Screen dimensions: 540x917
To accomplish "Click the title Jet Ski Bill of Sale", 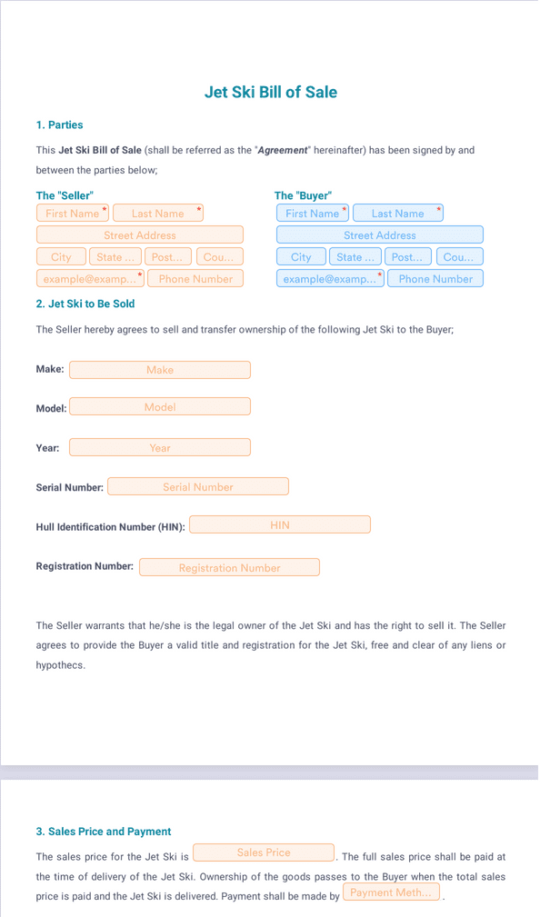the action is (x=270, y=92).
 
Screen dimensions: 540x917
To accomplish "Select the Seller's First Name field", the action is (x=73, y=213).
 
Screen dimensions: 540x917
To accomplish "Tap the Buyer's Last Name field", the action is (x=398, y=213).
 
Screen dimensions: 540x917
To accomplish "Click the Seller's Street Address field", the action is (x=140, y=235).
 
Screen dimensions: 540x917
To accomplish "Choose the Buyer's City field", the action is (x=301, y=256).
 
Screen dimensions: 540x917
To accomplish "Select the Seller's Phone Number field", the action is (x=195, y=278).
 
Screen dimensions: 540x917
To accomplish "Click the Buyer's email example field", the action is (x=330, y=278).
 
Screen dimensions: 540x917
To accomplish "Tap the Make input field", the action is (x=160, y=370).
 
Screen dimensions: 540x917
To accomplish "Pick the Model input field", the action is (x=160, y=406).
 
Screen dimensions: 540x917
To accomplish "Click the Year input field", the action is (x=160, y=447).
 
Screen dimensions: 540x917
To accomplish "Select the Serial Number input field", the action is (x=198, y=486).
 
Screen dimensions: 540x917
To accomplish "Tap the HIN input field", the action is (x=280, y=524).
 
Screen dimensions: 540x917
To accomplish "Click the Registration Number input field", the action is (x=229, y=567).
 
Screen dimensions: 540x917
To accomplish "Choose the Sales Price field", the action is (x=264, y=852).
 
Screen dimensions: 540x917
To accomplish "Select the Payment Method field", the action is (x=391, y=892).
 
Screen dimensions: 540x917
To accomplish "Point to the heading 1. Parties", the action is (x=59, y=125).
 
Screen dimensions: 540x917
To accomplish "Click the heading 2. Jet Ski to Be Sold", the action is (x=85, y=304).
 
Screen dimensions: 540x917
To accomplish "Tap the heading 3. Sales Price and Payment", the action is (x=104, y=832).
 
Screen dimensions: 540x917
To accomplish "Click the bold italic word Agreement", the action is (x=283, y=150).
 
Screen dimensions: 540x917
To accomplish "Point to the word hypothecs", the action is (x=60, y=665).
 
